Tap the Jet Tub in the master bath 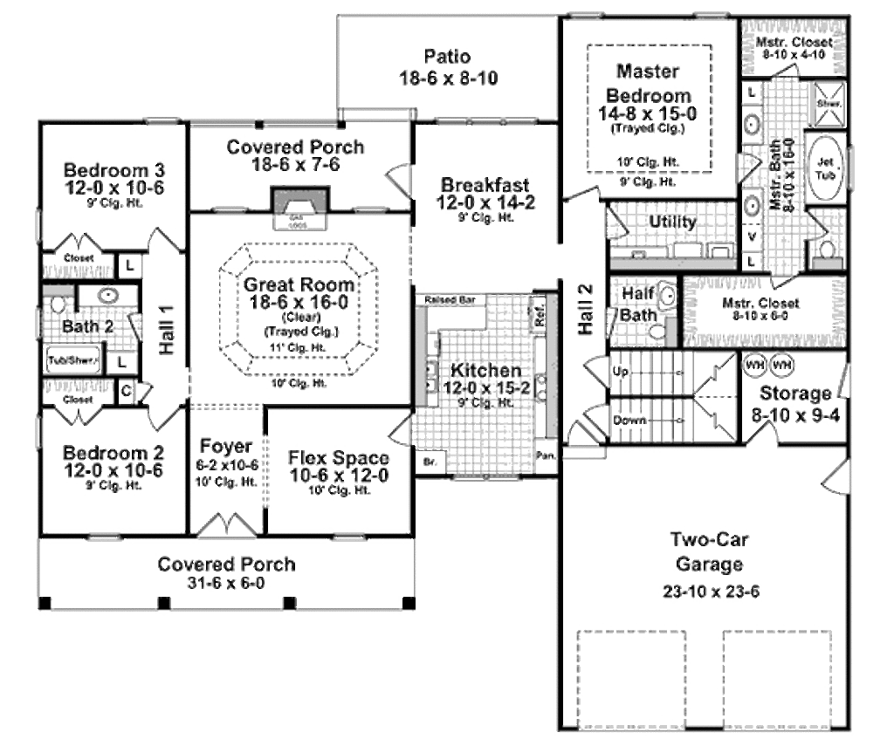(825, 168)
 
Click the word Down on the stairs (629, 421)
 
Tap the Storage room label (795, 393)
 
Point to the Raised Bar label (449, 299)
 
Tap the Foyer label (226, 447)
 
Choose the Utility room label (672, 222)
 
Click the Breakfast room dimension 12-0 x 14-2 (485, 202)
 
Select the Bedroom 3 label (113, 169)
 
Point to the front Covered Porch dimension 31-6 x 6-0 (226, 583)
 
